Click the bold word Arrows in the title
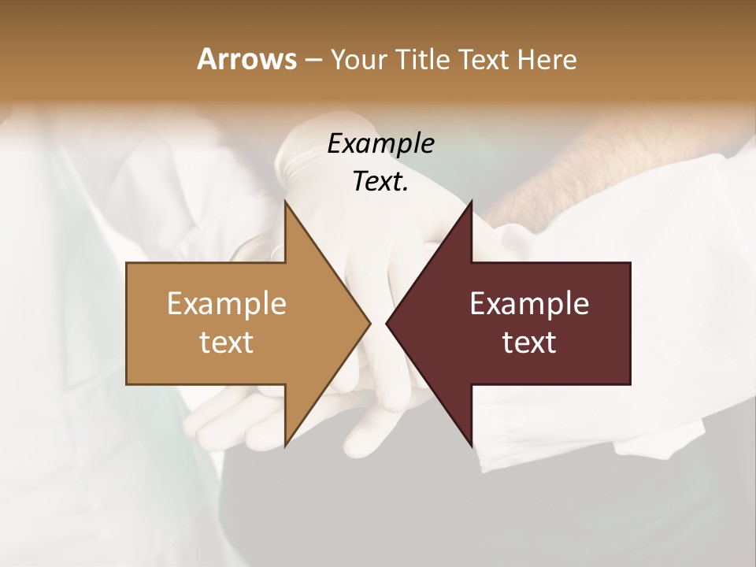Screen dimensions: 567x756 246,59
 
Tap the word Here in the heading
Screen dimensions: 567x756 547,60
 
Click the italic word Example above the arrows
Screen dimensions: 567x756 380,143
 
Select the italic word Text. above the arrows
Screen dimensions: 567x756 380,182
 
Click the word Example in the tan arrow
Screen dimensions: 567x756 227,303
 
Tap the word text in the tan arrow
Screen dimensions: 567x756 227,343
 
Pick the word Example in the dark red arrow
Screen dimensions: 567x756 529,303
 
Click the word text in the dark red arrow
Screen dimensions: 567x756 529,343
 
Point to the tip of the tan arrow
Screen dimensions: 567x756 369,323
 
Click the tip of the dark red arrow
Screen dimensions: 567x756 387,323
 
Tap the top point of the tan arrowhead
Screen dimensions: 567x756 285,203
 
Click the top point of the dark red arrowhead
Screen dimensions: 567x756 471,203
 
